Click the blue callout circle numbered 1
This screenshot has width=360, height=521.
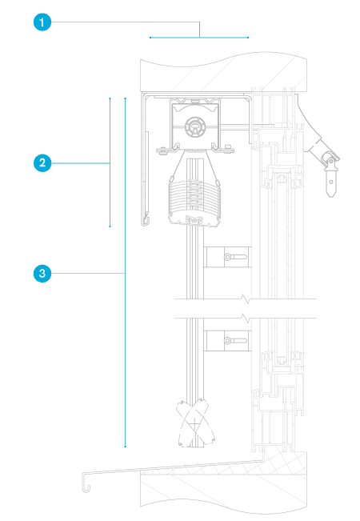(x=42, y=22)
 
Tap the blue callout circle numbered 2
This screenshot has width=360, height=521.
(x=42, y=162)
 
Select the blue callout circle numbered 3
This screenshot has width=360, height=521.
(x=42, y=274)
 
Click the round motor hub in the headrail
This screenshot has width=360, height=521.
(x=195, y=126)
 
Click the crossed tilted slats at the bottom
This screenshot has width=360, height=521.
(x=195, y=422)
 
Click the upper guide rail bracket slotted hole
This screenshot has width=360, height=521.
(x=235, y=257)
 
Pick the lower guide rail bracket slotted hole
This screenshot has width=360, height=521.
(x=235, y=341)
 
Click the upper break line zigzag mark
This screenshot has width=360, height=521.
(x=246, y=299)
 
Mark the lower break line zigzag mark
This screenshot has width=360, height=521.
(x=246, y=319)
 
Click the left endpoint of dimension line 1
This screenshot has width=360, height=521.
(x=150, y=38)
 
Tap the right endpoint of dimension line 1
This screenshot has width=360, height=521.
(x=248, y=38)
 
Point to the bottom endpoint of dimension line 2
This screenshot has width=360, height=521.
(x=110, y=226)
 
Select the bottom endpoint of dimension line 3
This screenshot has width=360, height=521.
(x=126, y=447)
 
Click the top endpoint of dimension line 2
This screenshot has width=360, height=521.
(x=110, y=98)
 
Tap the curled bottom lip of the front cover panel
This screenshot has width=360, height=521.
(x=145, y=221)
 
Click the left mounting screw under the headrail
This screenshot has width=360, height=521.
(x=162, y=150)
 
